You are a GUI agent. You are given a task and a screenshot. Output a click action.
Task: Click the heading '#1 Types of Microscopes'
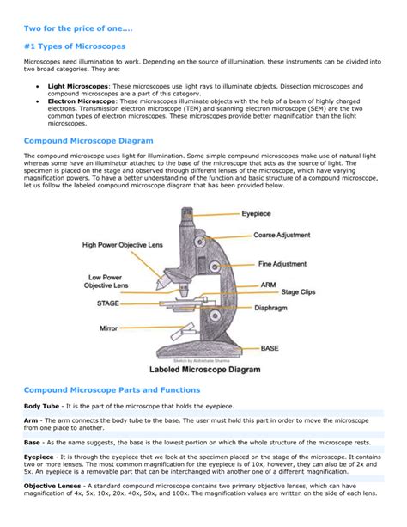pos(75,45)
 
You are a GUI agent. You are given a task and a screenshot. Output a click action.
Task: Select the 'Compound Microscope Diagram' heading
pos(88,139)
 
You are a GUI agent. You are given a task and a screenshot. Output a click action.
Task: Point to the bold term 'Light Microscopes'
pos(78,86)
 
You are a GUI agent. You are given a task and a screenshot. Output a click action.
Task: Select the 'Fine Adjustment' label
pos(282,266)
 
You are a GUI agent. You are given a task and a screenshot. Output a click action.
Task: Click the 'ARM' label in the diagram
pos(268,283)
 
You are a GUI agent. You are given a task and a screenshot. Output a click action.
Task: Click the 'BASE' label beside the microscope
pos(270,348)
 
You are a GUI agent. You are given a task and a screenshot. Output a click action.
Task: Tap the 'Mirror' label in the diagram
pos(109,328)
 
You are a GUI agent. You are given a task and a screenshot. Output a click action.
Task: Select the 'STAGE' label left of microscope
pos(107,303)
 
